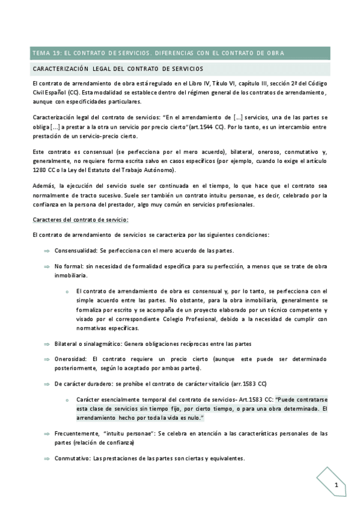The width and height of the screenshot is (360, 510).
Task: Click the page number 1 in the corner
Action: pyautogui.click(x=337, y=485)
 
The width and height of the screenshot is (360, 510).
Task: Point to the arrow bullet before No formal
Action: pyautogui.click(x=46, y=266)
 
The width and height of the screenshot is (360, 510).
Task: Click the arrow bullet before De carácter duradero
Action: pyautogui.click(x=46, y=384)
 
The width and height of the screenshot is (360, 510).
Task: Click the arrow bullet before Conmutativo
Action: pyautogui.click(x=46, y=458)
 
